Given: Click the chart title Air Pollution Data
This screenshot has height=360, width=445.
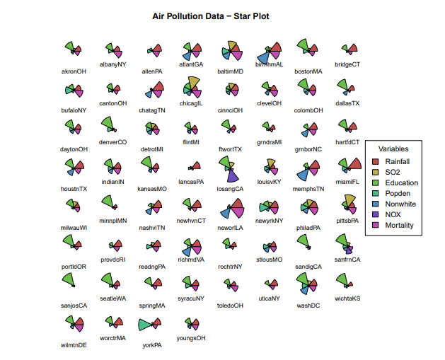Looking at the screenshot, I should [x=211, y=16].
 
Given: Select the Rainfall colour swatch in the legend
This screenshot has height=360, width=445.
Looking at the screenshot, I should [x=376, y=161].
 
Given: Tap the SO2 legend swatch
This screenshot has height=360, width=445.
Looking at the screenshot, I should [x=376, y=172].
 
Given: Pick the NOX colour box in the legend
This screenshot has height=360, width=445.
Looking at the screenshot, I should [x=376, y=214].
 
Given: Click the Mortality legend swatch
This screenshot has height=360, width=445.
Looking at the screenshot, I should [x=376, y=225].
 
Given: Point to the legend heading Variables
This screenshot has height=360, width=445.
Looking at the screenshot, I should [x=393, y=149].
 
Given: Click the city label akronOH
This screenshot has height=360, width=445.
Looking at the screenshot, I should [x=74, y=71].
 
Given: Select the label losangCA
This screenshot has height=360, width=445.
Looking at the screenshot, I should [x=230, y=189].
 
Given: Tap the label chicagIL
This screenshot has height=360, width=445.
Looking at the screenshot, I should [x=191, y=103].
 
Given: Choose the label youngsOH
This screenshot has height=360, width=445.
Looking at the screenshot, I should [x=191, y=338].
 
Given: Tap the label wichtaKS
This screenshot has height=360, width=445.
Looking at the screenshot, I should [x=347, y=298].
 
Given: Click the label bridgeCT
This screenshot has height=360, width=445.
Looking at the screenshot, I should [x=347, y=64].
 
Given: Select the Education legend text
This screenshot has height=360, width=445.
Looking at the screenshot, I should [x=401, y=182].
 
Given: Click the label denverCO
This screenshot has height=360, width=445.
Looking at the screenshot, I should [x=112, y=142].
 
